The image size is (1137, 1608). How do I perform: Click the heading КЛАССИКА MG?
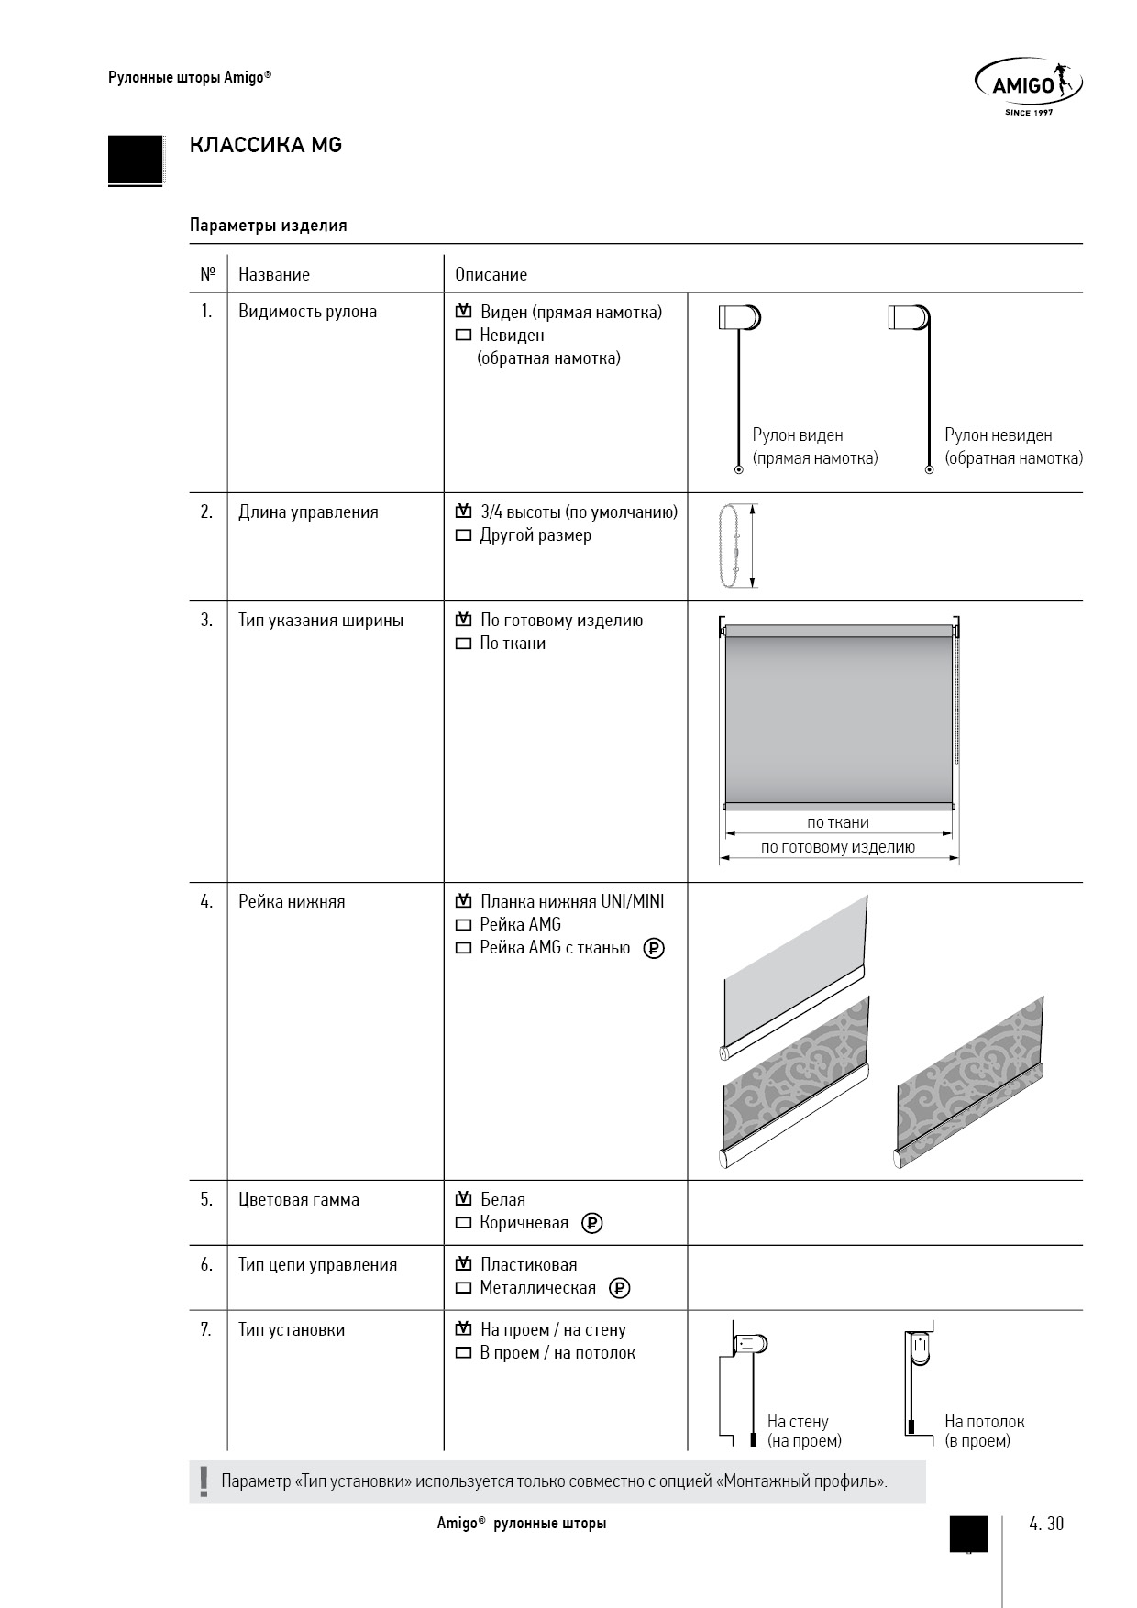(x=265, y=145)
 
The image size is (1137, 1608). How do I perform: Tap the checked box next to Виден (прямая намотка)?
(x=463, y=312)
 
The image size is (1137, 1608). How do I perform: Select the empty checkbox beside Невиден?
(x=463, y=336)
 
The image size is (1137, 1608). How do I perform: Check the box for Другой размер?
(x=463, y=535)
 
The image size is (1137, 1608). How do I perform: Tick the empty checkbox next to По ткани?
(x=463, y=644)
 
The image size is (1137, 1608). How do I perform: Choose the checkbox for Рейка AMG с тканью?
(x=463, y=948)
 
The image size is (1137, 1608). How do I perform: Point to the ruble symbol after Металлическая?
(x=620, y=1288)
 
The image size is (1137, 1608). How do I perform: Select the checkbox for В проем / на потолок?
(x=463, y=1353)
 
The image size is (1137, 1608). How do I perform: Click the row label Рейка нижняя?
(x=292, y=902)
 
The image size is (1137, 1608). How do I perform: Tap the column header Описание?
(x=491, y=274)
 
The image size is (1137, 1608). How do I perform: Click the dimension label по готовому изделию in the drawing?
(x=838, y=847)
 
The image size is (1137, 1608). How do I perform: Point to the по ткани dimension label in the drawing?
(x=838, y=822)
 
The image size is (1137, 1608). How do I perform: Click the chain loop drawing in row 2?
(x=731, y=545)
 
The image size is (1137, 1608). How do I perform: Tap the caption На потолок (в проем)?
(x=984, y=1430)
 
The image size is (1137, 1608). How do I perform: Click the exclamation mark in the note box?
(x=204, y=1481)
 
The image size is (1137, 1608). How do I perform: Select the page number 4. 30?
(x=1046, y=1524)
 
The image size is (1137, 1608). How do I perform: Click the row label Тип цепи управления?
(x=317, y=1265)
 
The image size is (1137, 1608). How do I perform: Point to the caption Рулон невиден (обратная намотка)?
(x=1012, y=446)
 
